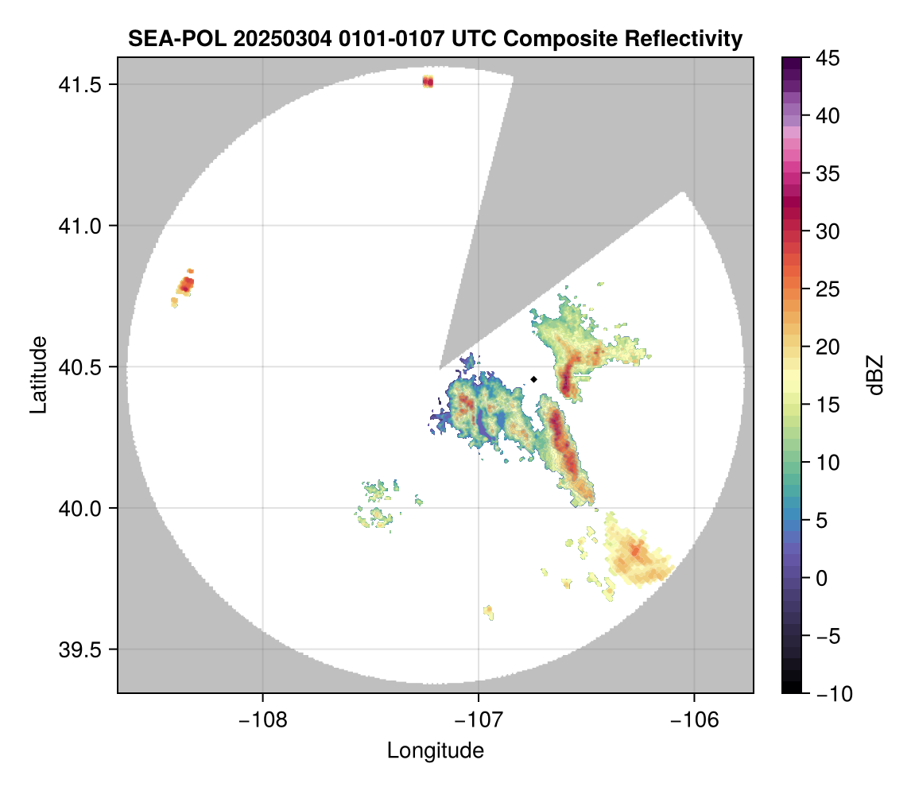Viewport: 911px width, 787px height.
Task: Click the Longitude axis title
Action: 435,750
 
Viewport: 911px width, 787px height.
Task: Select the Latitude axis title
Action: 37,374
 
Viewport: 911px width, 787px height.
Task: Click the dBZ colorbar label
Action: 875,374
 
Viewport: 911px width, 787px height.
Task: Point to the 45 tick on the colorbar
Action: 828,58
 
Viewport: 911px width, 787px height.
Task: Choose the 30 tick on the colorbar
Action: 828,231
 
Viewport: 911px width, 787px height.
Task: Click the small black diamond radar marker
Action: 534,379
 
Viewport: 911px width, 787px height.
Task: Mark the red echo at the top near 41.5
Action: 428,82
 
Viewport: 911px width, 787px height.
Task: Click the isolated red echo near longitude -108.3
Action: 186,284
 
